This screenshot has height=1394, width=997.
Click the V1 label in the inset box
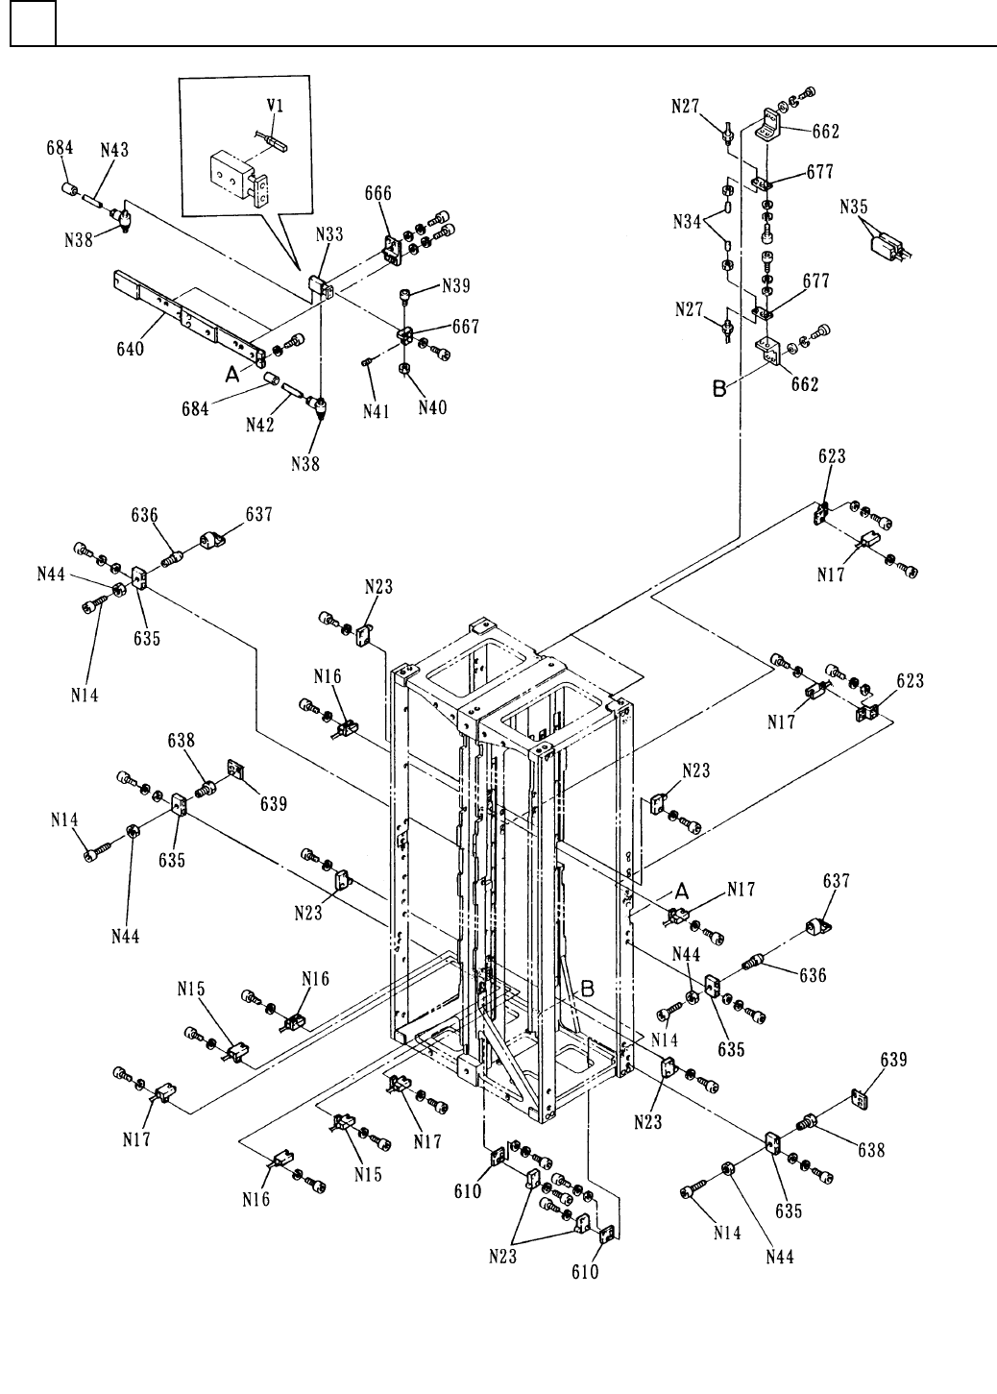click(x=276, y=106)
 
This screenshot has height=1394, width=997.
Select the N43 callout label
click(x=114, y=150)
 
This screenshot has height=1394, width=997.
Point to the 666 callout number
click(x=377, y=193)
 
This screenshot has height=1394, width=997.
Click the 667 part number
click(x=465, y=327)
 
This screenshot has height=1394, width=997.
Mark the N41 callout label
click(x=376, y=411)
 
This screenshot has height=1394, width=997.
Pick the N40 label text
click(x=432, y=406)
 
